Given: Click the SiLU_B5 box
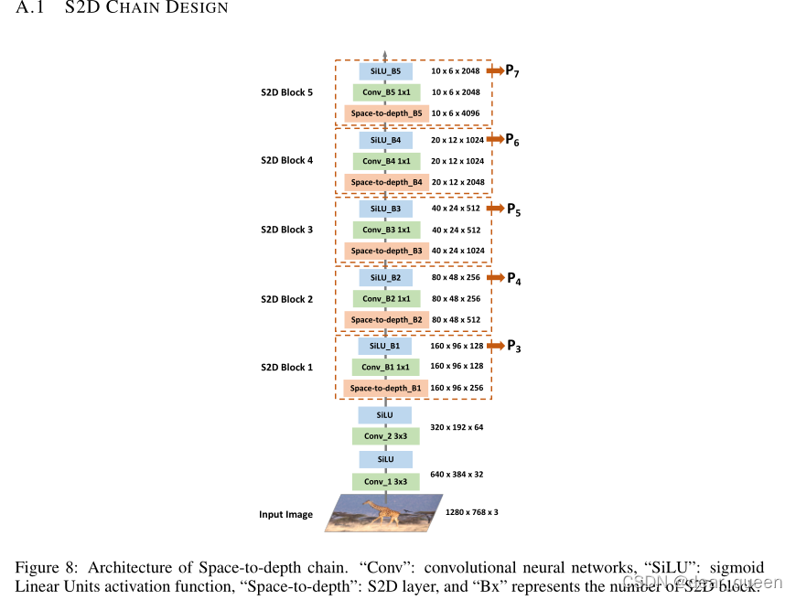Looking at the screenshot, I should point(385,70).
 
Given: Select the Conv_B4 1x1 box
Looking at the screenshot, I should point(385,161).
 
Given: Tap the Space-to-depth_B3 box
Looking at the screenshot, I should point(386,251).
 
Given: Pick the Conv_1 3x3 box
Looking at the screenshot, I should point(385,482).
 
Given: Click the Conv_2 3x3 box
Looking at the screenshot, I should point(385,436).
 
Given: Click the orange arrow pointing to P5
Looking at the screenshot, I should point(495,209).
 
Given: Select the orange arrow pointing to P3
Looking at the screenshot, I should point(495,346).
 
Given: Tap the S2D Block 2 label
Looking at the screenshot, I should point(286,299).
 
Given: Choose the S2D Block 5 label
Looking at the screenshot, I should point(286,91).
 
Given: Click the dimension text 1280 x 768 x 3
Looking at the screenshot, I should point(472,512).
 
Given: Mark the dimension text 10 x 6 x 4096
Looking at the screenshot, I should point(456,113).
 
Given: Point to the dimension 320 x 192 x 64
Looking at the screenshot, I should point(457,426).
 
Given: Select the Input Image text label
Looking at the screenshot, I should point(285,515).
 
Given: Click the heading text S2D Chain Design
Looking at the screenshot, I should point(146,8).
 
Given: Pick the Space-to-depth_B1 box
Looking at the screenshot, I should point(386,388).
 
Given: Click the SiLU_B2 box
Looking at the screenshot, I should point(385,277).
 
